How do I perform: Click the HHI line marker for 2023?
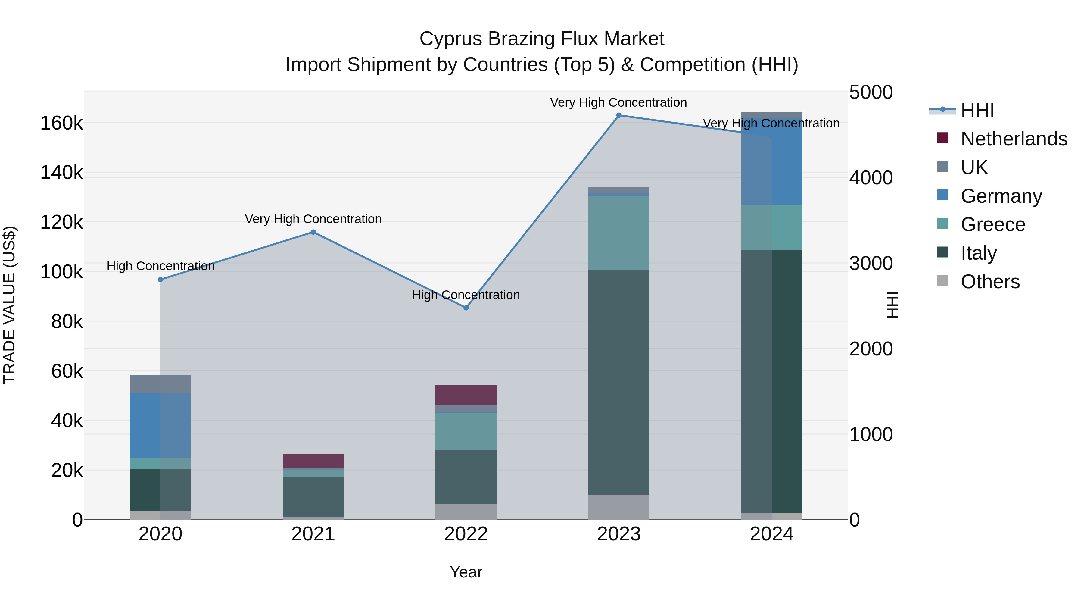pos(618,115)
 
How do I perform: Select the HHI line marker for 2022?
pos(466,308)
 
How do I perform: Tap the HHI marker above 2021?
pos(313,232)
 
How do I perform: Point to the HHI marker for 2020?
pos(160,280)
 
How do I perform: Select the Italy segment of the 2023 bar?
pos(618,382)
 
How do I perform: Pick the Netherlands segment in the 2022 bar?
pos(466,395)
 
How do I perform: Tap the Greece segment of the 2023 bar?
pos(618,233)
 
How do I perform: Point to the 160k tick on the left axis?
pos(61,123)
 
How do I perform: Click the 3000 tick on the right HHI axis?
pos(871,264)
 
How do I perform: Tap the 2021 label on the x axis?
pos(313,534)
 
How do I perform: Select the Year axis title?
pos(466,572)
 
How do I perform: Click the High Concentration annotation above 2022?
pos(466,295)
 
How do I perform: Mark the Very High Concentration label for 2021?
pos(313,219)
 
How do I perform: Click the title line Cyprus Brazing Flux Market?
pos(542,39)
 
